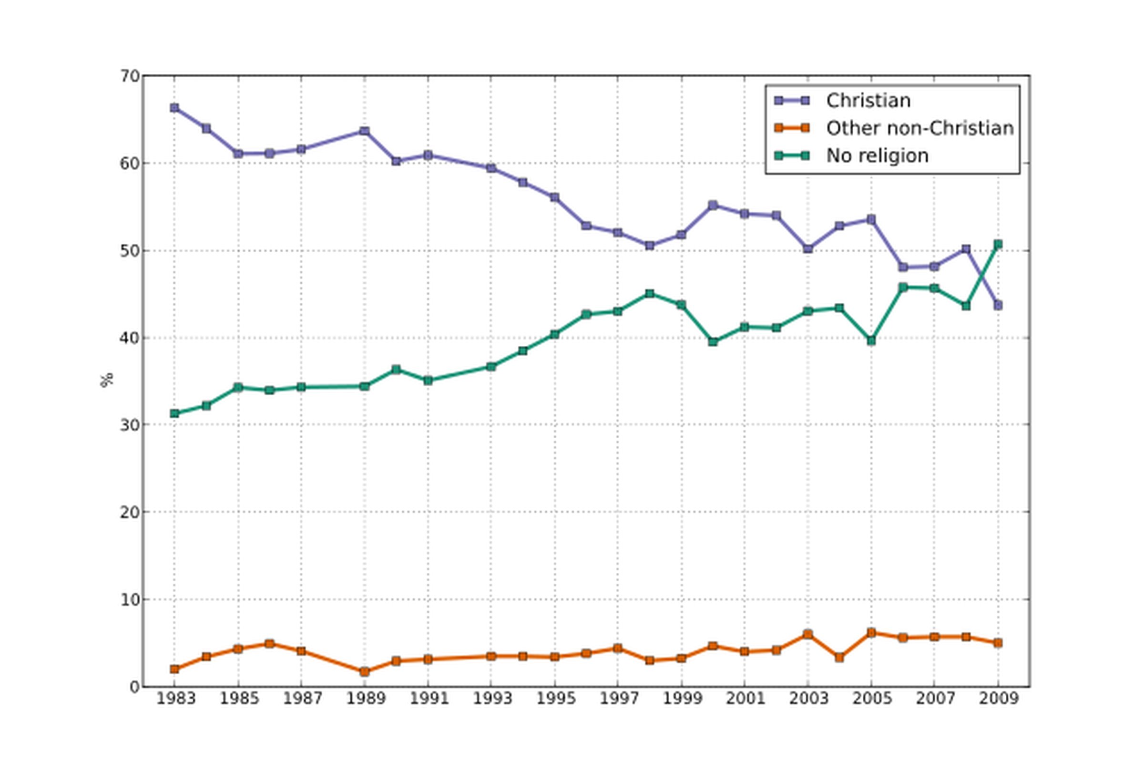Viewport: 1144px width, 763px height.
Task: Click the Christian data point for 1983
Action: (x=174, y=108)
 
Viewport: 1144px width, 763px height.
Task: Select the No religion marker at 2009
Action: (x=998, y=244)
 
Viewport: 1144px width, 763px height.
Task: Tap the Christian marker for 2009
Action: (x=998, y=305)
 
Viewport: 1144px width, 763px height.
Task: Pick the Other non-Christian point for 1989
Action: (x=364, y=672)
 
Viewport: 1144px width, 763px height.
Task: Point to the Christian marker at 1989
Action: (x=364, y=131)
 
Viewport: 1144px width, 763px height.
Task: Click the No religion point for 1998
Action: (x=649, y=294)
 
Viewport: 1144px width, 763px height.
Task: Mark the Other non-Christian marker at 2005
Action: (x=871, y=633)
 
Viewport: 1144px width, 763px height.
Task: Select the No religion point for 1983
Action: (x=174, y=413)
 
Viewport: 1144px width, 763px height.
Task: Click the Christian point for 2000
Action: (x=713, y=206)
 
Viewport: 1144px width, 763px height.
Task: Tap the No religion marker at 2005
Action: (x=871, y=340)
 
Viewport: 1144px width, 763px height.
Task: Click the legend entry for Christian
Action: (x=868, y=101)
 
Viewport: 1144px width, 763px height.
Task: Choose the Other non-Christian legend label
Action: (x=920, y=128)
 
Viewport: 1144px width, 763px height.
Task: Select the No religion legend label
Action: (x=877, y=156)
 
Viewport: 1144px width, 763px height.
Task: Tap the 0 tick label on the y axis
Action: (x=135, y=687)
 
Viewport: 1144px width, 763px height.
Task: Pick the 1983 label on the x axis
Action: (x=175, y=699)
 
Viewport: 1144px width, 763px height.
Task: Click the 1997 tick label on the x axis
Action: (x=618, y=699)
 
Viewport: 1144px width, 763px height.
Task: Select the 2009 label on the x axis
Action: (x=999, y=699)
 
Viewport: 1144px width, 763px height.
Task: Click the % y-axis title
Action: (x=107, y=380)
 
